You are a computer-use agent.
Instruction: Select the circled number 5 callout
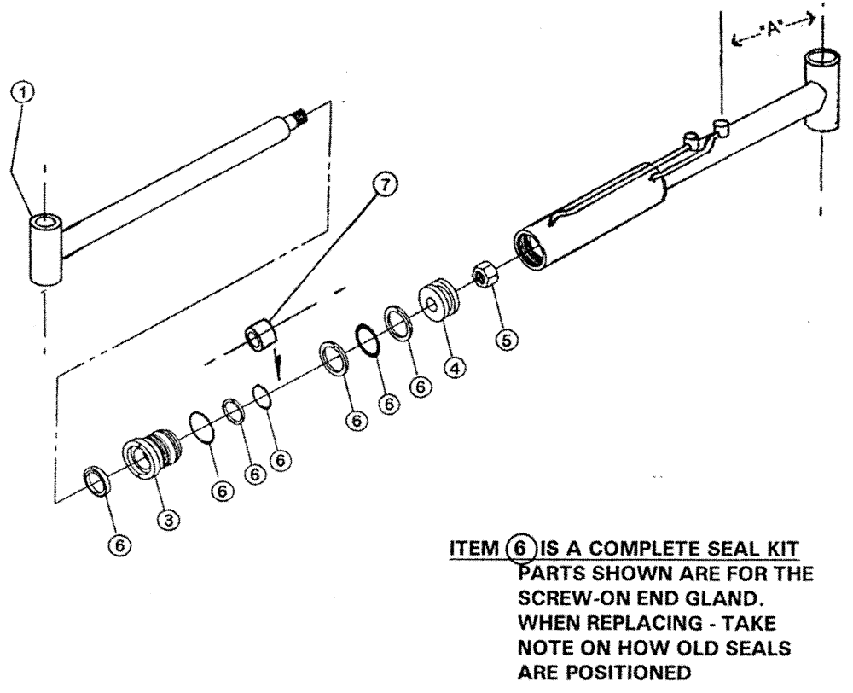click(x=507, y=340)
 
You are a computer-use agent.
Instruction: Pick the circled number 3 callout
click(x=170, y=516)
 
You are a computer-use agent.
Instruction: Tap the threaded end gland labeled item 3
click(x=154, y=452)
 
